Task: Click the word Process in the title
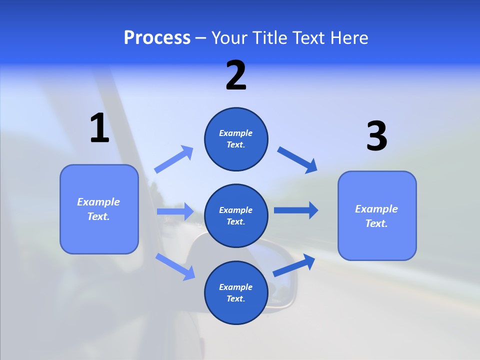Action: [x=157, y=38]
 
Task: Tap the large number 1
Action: [x=99, y=128]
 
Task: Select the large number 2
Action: [x=236, y=75]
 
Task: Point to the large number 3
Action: [x=376, y=136]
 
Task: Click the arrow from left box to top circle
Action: [x=173, y=159]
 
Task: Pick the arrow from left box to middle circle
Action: [x=175, y=211]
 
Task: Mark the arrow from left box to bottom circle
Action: [x=175, y=266]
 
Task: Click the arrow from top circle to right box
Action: [x=297, y=159]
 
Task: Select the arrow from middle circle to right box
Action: [x=296, y=210]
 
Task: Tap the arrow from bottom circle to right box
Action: [x=294, y=265]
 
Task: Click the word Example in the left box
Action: [x=98, y=202]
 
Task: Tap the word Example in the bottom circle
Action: [x=235, y=287]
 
